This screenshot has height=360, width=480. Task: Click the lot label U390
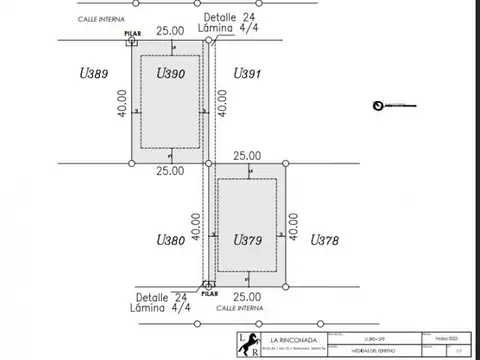(172, 73)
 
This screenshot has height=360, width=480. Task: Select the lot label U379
(247, 240)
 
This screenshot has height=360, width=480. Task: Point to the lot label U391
(247, 74)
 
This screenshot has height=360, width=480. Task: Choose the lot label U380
(171, 240)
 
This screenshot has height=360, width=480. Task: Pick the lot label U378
(324, 240)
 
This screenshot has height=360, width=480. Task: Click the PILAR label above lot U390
(132, 34)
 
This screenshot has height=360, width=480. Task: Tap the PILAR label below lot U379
(209, 294)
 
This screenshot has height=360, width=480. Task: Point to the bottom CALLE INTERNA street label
(238, 309)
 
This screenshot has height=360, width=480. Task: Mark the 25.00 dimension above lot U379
(247, 156)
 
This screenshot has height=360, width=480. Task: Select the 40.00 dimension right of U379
(294, 225)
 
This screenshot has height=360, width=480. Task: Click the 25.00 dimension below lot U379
(247, 297)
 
